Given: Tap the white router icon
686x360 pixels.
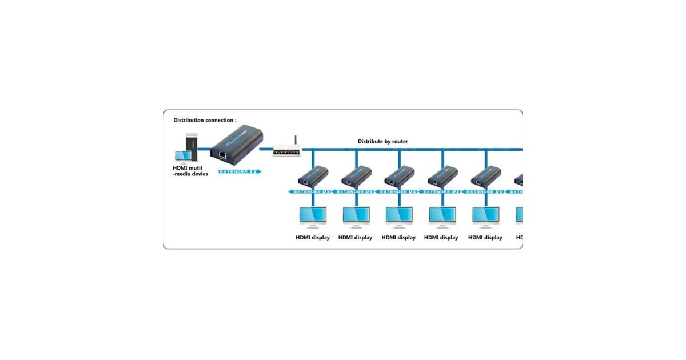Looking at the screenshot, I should pos(286,151).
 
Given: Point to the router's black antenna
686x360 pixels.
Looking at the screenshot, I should pos(295,141).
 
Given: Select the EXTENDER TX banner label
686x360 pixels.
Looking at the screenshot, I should pos(240,171).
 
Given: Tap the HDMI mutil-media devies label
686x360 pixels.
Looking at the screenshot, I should pos(190,171).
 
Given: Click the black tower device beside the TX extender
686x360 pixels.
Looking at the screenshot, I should pos(192,147).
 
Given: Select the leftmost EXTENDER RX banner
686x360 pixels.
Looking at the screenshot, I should pos(312,192).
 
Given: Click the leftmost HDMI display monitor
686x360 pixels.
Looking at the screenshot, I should pos(313,216).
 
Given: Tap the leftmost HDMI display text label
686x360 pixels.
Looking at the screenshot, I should pos(313,238).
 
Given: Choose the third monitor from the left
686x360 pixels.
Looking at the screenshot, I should pos(399,216).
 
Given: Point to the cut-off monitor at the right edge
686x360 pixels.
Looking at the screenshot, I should pos(520,216).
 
